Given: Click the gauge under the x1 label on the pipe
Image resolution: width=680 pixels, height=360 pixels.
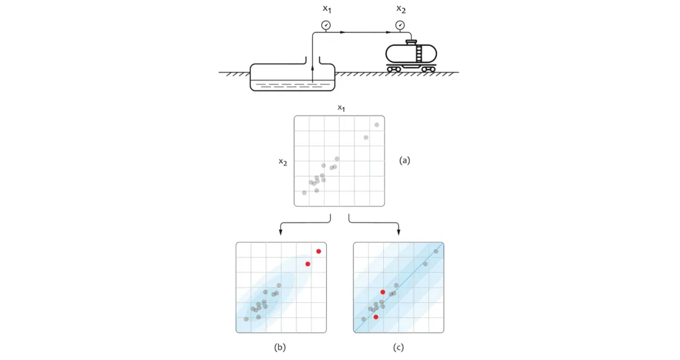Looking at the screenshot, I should (x=325, y=25).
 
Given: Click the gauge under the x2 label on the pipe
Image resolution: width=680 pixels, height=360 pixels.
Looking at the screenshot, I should (x=400, y=25).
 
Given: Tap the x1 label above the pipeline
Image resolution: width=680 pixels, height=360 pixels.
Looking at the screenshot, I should (x=326, y=9).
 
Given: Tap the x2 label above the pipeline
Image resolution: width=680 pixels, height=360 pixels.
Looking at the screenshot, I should (x=400, y=9).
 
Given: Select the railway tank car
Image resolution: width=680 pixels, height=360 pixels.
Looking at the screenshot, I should (x=412, y=54).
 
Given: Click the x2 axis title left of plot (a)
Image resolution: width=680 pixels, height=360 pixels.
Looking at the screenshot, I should (x=283, y=161).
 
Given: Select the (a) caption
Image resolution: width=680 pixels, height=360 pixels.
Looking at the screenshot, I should (x=404, y=160).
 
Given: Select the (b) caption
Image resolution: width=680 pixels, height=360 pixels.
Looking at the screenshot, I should (x=280, y=347).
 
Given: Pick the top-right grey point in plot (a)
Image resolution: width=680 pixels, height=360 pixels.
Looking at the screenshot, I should (x=377, y=125).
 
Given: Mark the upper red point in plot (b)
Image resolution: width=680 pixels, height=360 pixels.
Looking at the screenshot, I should (x=319, y=251).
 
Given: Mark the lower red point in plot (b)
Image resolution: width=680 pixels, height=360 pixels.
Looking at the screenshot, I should (x=307, y=264).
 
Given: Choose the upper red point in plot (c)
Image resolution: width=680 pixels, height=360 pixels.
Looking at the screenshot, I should (x=383, y=292).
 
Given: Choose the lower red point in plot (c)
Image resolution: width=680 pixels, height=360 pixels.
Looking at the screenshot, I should (x=377, y=317).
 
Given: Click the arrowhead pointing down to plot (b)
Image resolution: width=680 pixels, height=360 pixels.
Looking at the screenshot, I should (x=281, y=232).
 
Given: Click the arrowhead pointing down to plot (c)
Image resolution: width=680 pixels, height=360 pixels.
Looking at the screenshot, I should (x=398, y=232).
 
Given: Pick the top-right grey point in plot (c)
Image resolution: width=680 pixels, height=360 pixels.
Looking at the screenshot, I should (x=436, y=251).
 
